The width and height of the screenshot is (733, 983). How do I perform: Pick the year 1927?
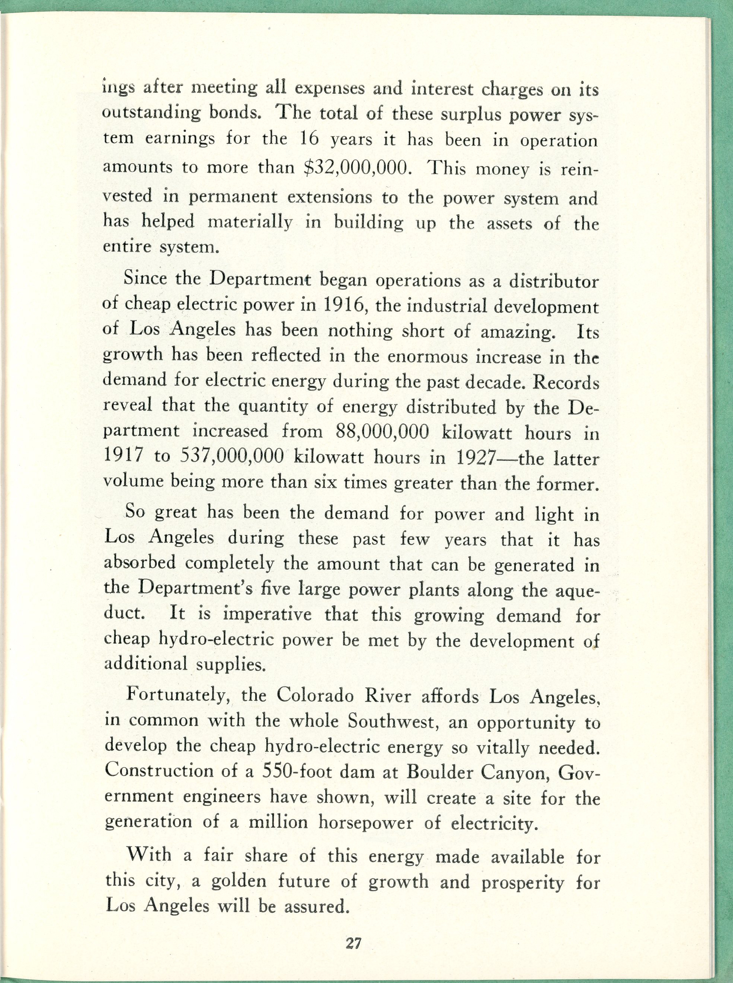[475, 458]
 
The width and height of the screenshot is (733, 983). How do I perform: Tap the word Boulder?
[439, 772]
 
